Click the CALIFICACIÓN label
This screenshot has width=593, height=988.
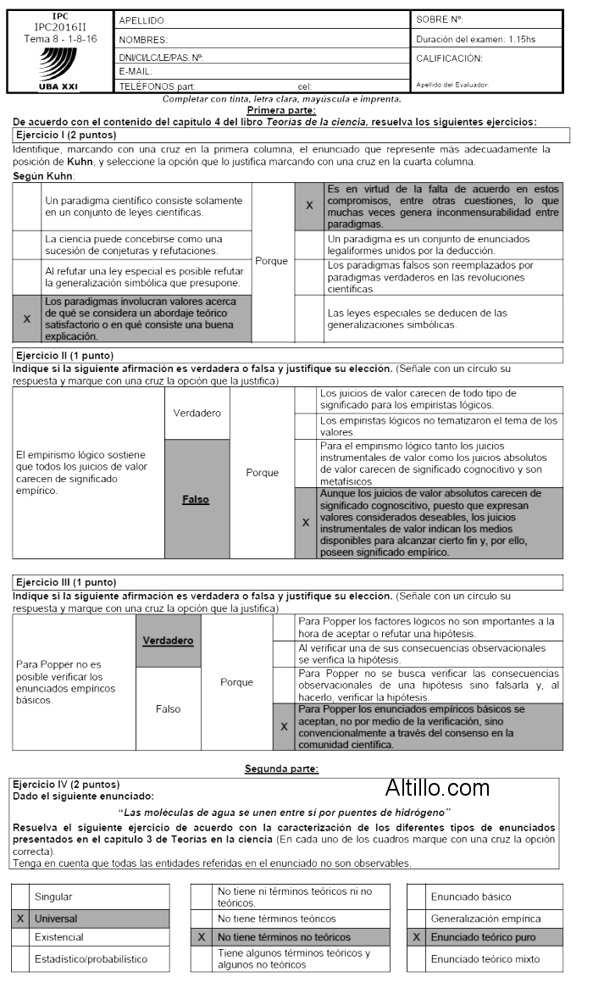point(449,58)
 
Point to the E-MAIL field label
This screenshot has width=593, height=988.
point(136,71)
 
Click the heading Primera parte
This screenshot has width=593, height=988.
point(281,110)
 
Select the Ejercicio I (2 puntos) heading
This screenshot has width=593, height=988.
point(66,135)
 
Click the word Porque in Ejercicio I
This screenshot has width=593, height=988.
point(271,261)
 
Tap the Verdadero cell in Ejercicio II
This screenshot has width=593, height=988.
point(197,413)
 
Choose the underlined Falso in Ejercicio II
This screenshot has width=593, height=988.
point(196,500)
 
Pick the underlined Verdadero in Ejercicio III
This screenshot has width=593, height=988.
point(168,640)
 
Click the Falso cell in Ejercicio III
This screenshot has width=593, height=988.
point(168,709)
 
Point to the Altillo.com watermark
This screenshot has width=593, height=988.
point(437,788)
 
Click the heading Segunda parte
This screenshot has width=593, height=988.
point(281,769)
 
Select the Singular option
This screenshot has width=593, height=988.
point(53,896)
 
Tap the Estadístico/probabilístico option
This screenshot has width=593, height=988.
point(91,959)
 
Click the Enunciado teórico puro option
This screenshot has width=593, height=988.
point(483,937)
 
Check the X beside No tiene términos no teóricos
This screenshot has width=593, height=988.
point(201,938)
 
